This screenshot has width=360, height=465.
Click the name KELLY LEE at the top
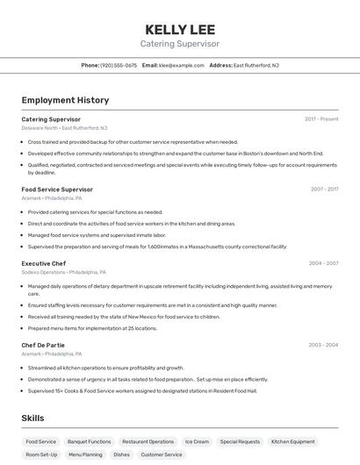point(180,29)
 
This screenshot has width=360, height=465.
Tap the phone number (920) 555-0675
point(119,65)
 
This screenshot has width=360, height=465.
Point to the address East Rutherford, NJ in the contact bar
point(256,65)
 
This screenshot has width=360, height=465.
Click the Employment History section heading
point(65,100)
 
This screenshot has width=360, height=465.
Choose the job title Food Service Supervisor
point(57,190)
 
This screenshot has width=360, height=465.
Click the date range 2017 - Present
point(321,118)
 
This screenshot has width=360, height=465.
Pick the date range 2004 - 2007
point(323,263)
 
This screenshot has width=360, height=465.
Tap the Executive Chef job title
point(44,263)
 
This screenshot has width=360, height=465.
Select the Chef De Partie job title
point(44,346)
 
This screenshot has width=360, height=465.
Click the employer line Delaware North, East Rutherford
point(64,127)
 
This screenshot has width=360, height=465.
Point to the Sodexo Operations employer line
point(64,272)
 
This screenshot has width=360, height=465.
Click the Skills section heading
point(33,418)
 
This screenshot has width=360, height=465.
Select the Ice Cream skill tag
point(197,441)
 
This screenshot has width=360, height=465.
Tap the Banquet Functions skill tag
point(90,441)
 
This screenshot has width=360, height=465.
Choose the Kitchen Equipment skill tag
point(292,441)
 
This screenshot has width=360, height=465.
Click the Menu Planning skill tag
point(85,454)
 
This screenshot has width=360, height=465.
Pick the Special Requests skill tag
point(240,441)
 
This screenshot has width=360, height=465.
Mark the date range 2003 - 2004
point(323,346)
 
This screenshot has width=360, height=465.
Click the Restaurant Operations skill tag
point(148,441)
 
